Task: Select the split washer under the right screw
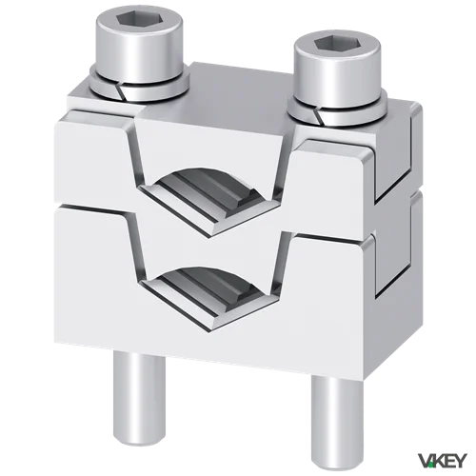point(337,110)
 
